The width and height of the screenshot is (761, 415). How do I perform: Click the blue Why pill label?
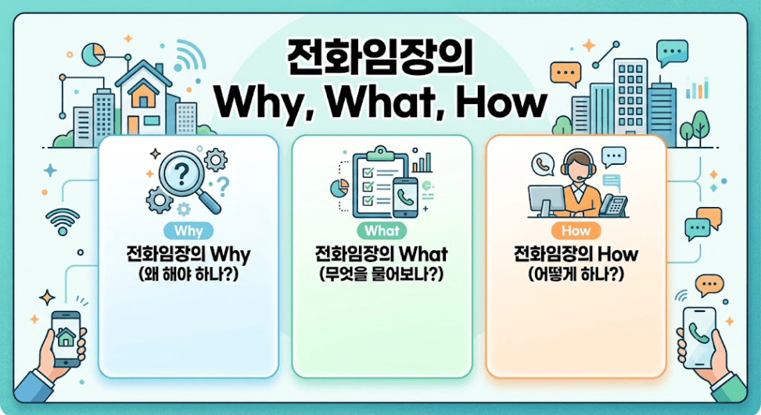188,231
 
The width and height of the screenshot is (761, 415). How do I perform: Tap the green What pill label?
382,231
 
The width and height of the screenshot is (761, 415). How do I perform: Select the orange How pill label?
576,231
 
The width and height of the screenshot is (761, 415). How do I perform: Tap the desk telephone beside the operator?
613,205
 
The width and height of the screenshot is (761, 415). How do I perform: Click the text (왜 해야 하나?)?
188,274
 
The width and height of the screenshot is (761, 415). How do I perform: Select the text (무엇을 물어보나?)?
382,274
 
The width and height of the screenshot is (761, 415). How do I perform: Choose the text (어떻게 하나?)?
576,274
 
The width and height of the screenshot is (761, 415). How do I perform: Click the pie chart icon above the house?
94,54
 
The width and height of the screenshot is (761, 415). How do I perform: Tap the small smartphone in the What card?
405,197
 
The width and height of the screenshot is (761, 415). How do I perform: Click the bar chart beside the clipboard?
422,163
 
